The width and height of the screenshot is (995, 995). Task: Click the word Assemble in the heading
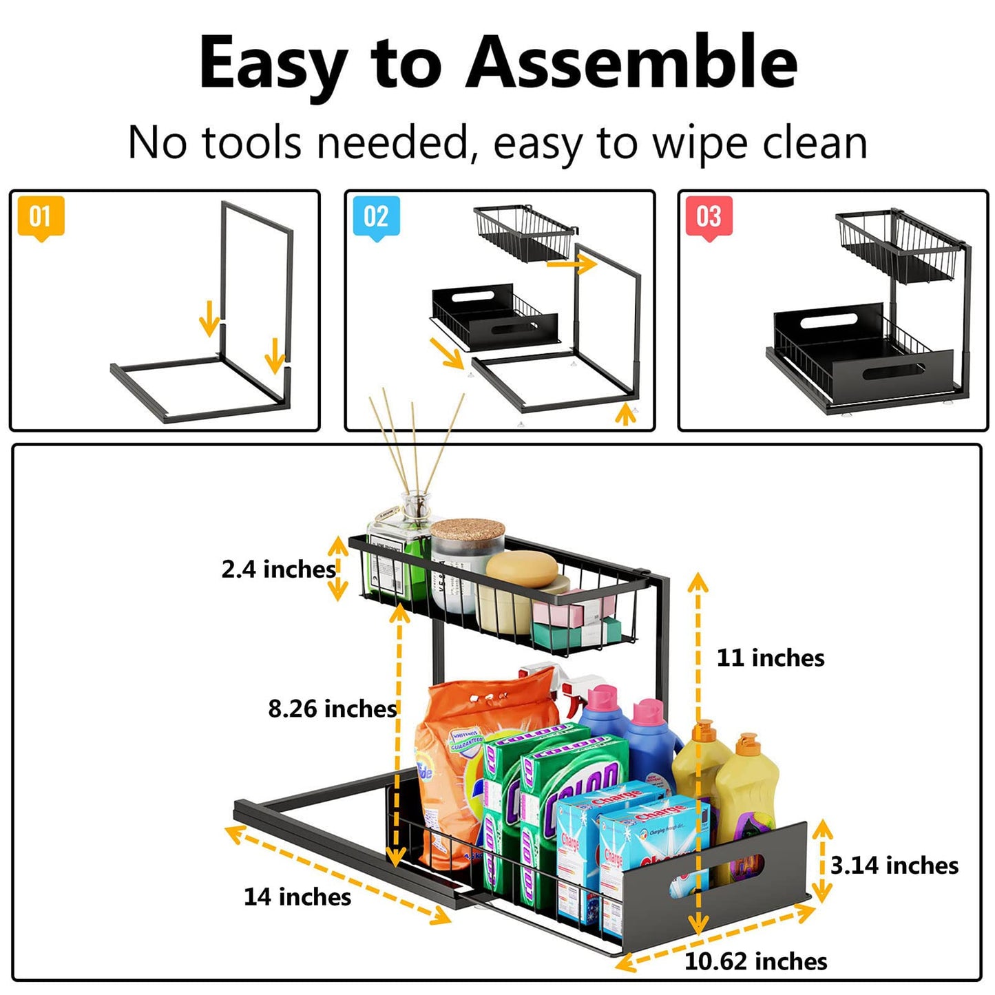(x=631, y=63)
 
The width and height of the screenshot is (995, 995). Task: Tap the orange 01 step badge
(x=41, y=217)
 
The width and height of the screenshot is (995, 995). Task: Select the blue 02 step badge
(x=376, y=217)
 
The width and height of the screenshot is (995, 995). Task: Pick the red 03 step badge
(x=709, y=217)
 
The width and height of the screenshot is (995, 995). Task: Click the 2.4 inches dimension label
(x=278, y=569)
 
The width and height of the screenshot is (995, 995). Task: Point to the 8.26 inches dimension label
(x=333, y=709)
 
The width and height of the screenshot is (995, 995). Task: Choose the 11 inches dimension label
(x=771, y=658)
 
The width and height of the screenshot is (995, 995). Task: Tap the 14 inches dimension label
(x=297, y=897)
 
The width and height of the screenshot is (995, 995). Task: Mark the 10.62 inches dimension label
(x=755, y=961)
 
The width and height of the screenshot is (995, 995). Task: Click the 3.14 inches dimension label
(x=894, y=866)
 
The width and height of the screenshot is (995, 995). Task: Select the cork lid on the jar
(x=468, y=532)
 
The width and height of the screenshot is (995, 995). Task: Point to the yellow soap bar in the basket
(x=521, y=569)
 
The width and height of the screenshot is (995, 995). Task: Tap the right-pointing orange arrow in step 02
(x=571, y=263)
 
